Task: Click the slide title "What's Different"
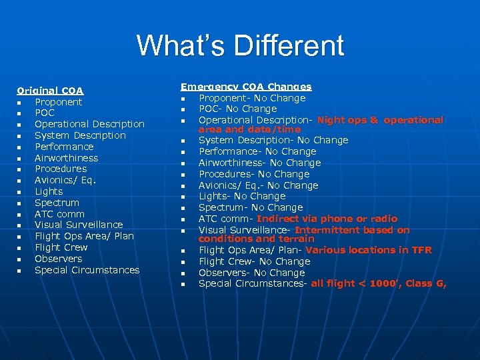[x=240, y=46]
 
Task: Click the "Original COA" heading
[x=50, y=91]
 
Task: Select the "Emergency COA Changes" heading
[x=246, y=87]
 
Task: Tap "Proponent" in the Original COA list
[x=58, y=102]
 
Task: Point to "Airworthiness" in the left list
[x=66, y=158]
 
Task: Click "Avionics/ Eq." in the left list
[x=65, y=180]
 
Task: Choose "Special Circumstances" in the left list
[x=87, y=270]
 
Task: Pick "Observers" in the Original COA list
[x=58, y=259]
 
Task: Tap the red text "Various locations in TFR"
[x=369, y=250]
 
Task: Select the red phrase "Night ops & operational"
[x=380, y=120]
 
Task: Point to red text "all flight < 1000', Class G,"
[x=379, y=283]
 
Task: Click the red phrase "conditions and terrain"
[x=256, y=239]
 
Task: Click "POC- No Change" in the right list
[x=237, y=109]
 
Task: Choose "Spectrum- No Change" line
[x=251, y=207]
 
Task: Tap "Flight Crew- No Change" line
[x=254, y=261]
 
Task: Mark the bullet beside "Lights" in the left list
[x=21, y=192]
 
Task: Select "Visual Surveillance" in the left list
[x=79, y=225]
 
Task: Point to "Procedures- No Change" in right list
[x=254, y=174]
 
